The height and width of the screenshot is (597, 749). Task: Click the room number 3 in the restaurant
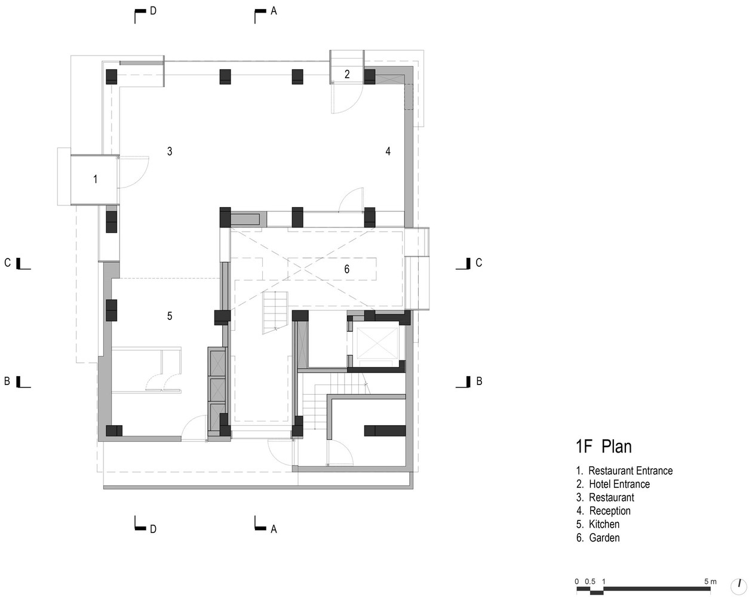[170, 151]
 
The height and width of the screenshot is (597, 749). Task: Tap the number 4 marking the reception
[388, 151]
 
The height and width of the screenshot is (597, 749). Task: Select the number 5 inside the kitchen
[170, 316]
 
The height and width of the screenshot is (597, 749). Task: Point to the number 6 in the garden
[346, 269]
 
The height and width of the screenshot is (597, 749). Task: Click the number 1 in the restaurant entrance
[96, 179]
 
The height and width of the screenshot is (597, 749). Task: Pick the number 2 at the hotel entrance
[346, 74]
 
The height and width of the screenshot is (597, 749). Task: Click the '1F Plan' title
[603, 447]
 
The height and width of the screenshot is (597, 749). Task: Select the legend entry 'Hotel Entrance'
[619, 484]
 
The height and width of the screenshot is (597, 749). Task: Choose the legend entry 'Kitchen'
[604, 524]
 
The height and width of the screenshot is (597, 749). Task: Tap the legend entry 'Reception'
[610, 510]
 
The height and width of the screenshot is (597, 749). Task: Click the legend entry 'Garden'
[604, 537]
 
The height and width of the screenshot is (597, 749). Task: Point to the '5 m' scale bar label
[710, 581]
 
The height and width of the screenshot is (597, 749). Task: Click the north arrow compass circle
[739, 587]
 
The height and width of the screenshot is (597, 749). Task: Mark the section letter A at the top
[274, 11]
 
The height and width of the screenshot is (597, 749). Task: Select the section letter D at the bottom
[153, 529]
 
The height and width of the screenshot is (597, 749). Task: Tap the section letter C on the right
[478, 263]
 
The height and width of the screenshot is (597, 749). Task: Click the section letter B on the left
[7, 381]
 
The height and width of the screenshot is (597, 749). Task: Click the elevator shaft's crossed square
[377, 343]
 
